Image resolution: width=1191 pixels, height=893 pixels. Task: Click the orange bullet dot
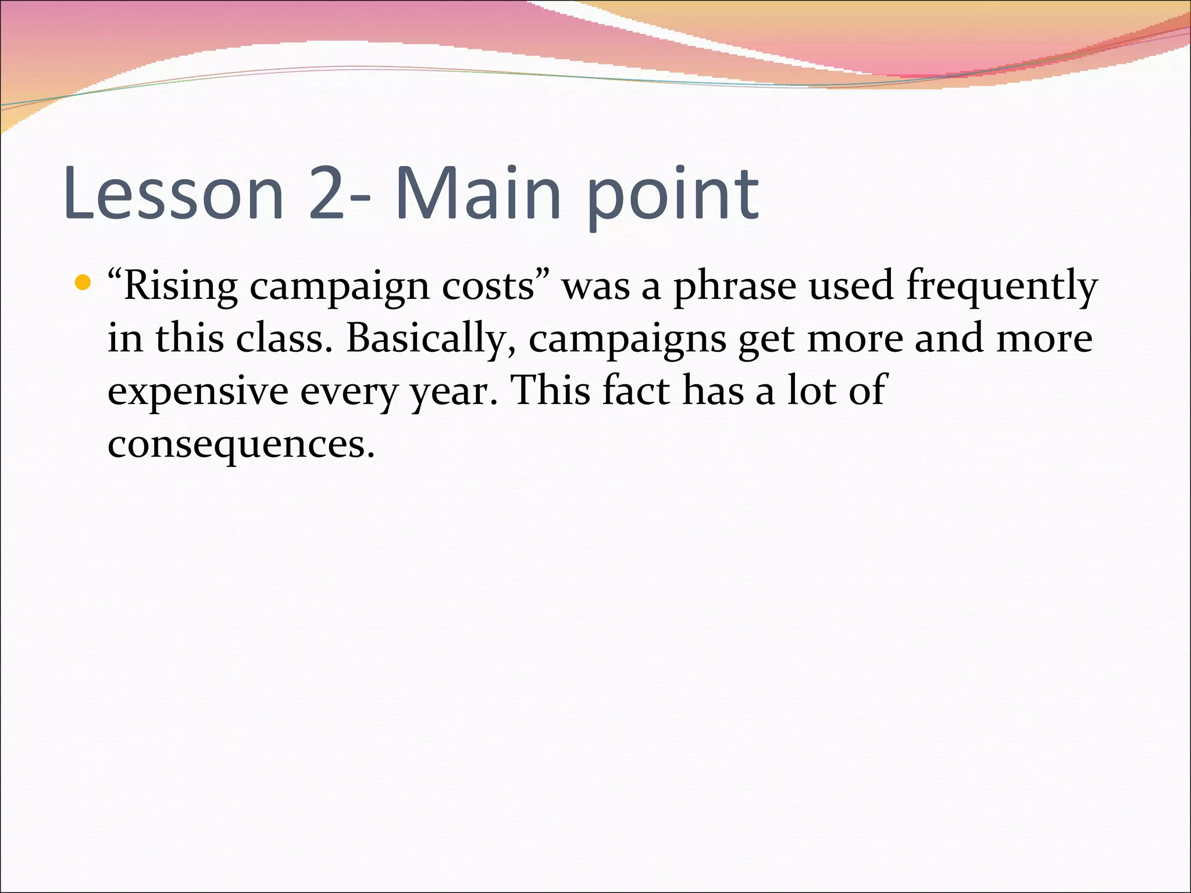84,283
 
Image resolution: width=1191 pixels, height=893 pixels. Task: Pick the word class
279,339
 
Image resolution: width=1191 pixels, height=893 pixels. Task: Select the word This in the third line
550,391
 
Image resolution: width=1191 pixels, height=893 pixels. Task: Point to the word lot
811,391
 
